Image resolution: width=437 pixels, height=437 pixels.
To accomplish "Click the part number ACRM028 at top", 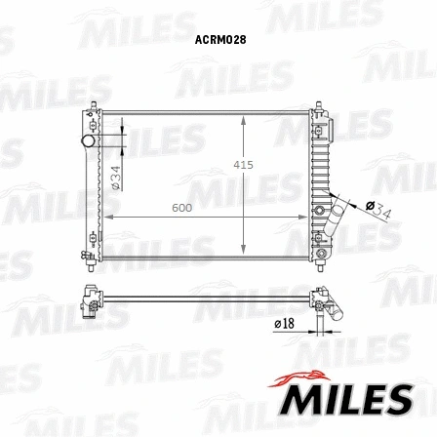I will pyautogui.click(x=218, y=40).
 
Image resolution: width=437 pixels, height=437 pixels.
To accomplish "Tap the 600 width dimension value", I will pyautogui.click(x=181, y=208).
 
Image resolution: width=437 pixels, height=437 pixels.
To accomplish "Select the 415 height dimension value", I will pyautogui.click(x=243, y=166).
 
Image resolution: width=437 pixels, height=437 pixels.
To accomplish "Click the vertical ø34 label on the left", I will pyautogui.click(x=116, y=177).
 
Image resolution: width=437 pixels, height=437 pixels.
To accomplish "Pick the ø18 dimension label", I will pyautogui.click(x=284, y=323).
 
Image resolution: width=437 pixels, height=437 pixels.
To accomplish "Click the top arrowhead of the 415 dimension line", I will pyautogui.click(x=243, y=118).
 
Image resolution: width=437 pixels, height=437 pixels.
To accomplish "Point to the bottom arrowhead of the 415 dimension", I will pyautogui.click(x=243, y=253).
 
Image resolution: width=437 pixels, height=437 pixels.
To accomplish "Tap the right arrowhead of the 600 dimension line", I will pyautogui.click(x=307, y=216).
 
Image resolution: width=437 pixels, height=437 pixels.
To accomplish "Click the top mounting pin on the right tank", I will pyautogui.click(x=318, y=103).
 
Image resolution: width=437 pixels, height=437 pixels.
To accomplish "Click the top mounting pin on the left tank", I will pyautogui.click(x=94, y=104).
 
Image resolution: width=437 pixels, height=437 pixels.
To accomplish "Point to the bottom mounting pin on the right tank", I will pyautogui.click(x=318, y=260).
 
